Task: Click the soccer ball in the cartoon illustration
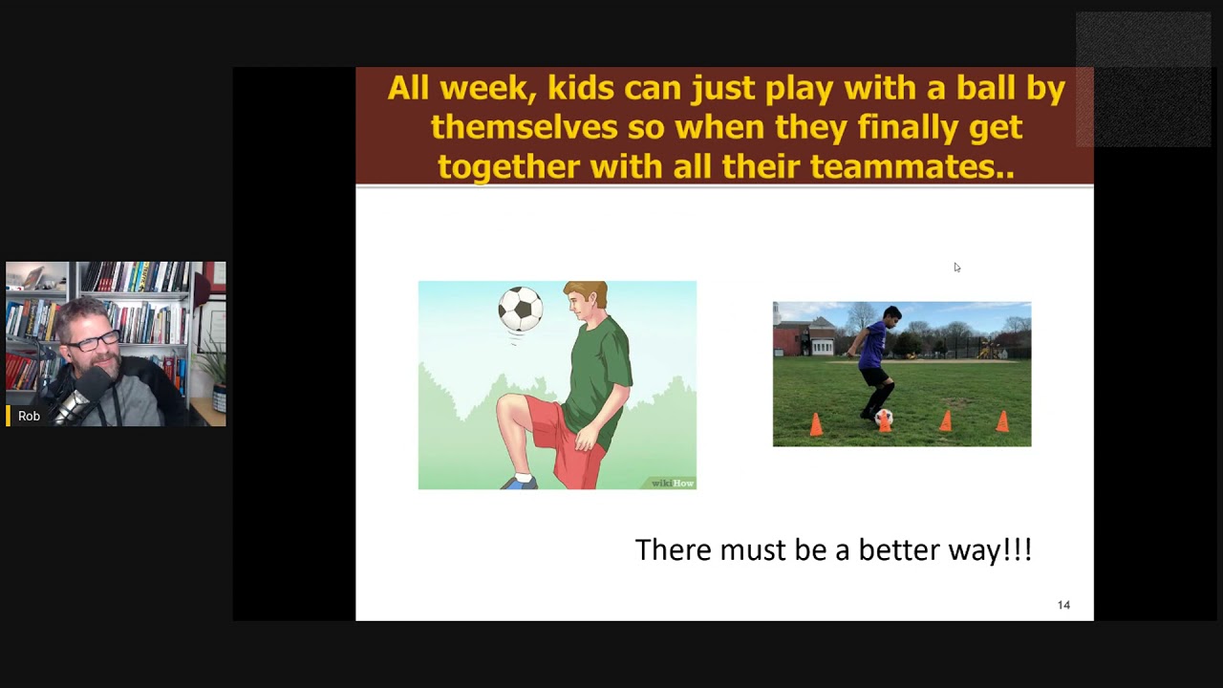521,309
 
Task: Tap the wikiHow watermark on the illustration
673,484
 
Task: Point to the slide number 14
1063,605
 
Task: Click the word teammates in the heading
906,167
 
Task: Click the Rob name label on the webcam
29,417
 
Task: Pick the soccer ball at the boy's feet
884,418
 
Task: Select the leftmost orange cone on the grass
816,424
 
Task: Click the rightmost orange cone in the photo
1002,420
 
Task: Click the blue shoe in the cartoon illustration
519,483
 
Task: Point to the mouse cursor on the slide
956,268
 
